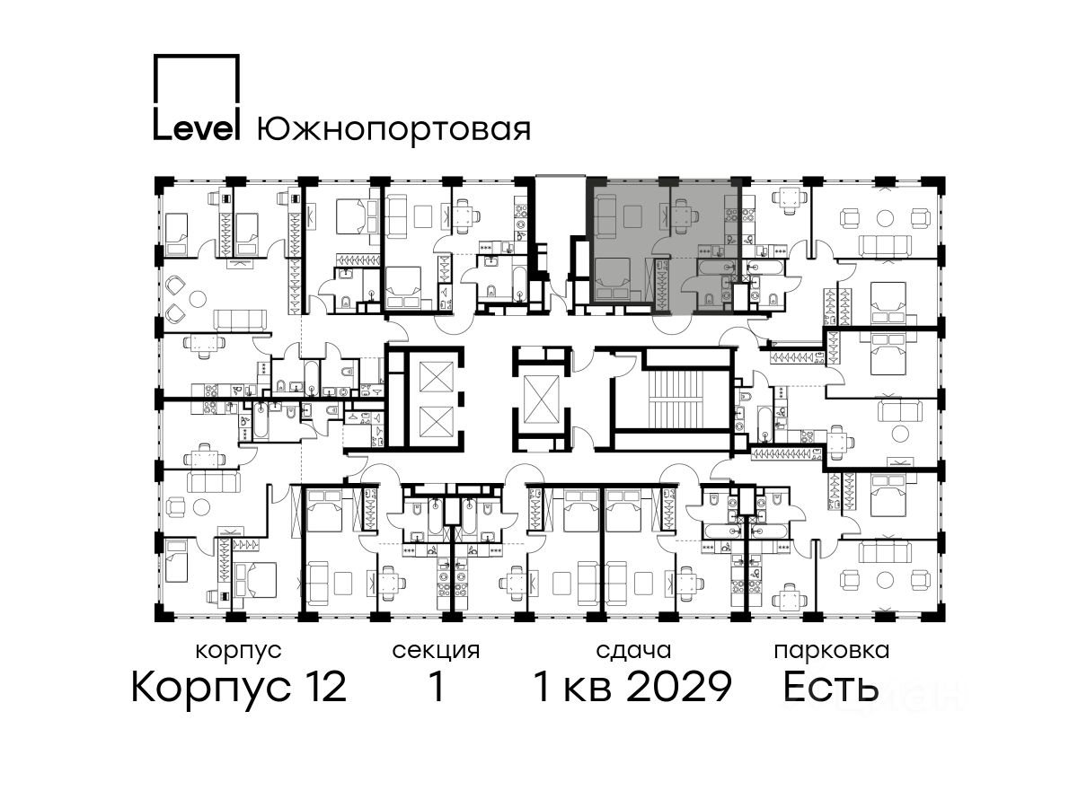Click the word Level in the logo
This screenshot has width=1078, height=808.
click(x=197, y=128)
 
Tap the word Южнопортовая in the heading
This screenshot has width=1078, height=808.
click(x=393, y=130)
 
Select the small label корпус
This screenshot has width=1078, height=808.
click(x=239, y=652)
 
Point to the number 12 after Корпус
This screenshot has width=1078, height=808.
click(x=323, y=687)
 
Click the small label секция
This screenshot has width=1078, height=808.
click(x=436, y=652)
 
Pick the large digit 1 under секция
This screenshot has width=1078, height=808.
click(x=437, y=687)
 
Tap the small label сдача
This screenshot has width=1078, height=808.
click(x=633, y=651)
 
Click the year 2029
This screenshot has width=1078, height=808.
click(x=679, y=687)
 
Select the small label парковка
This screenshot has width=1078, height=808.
click(x=832, y=652)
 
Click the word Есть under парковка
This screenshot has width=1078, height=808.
click(x=830, y=687)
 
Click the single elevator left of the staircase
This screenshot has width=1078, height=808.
click(x=541, y=399)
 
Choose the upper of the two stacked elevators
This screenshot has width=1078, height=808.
click(x=436, y=376)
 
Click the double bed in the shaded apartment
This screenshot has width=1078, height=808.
click(x=613, y=279)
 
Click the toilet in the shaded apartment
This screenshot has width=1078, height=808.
click(x=708, y=297)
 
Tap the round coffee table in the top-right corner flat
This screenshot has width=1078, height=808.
click(x=884, y=218)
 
